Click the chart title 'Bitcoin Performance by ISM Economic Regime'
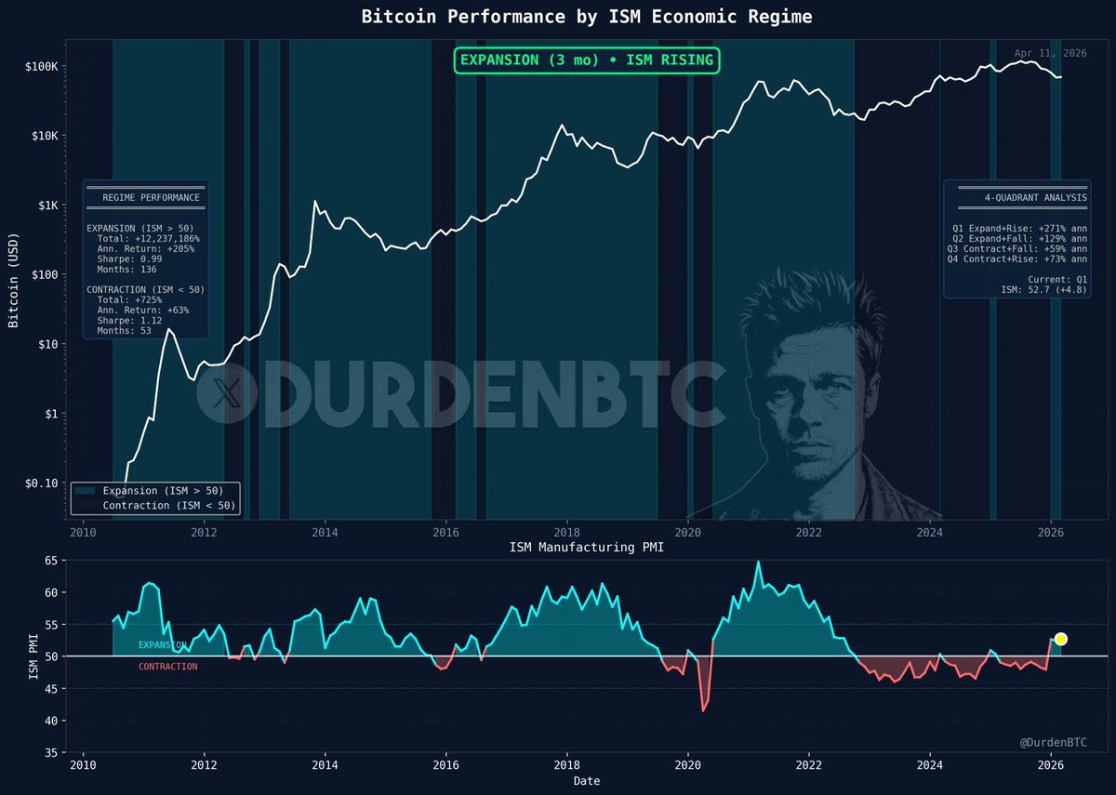(x=586, y=18)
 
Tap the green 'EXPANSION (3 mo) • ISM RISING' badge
(x=587, y=60)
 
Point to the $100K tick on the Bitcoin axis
(x=41, y=67)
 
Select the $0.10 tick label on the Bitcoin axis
(x=41, y=483)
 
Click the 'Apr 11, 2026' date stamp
(x=1050, y=54)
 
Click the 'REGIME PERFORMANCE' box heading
(x=151, y=198)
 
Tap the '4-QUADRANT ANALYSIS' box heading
(x=1036, y=198)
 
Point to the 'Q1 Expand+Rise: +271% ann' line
(x=1020, y=226)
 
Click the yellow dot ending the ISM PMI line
(x=1060, y=639)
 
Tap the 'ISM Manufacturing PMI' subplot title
(x=586, y=548)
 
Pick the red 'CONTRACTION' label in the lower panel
(x=167, y=667)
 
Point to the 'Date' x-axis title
(x=586, y=781)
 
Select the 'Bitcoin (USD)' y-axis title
(x=14, y=279)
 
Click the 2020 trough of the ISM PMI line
(x=703, y=711)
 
